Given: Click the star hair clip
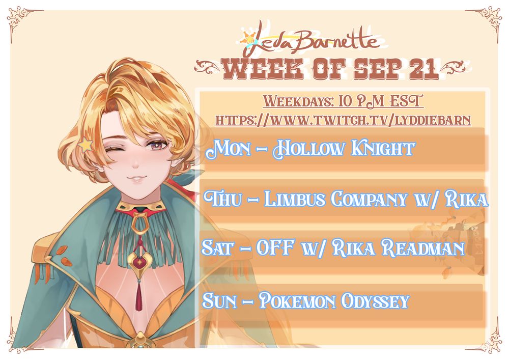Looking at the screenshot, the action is click(x=85, y=145).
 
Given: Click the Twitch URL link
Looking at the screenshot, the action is click(x=343, y=120).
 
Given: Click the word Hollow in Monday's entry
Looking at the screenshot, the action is click(x=308, y=149).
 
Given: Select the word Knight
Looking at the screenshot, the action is click(x=383, y=149).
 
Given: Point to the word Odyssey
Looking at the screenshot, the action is click(x=375, y=302).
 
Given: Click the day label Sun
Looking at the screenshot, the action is click(x=219, y=301).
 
